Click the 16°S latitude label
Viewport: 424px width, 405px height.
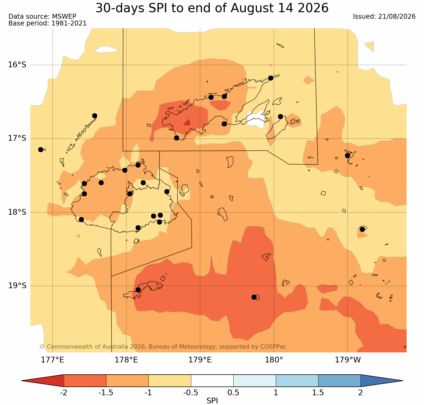(17, 65)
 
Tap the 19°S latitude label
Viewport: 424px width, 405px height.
(17, 286)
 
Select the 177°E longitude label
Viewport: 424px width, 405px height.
(52, 360)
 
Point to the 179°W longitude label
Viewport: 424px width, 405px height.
(348, 360)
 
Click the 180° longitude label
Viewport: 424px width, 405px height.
(274, 360)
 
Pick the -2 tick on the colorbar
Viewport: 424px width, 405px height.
(63, 393)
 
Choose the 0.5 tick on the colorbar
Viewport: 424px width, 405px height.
(234, 393)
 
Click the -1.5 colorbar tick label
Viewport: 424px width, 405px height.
(106, 393)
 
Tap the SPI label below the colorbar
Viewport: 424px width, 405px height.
(212, 401)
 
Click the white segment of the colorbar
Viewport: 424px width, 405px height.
(212, 381)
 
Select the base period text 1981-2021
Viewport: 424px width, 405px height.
(69, 23)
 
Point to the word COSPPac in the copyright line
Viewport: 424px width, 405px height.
(273, 347)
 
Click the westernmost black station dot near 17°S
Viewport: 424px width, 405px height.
(41, 150)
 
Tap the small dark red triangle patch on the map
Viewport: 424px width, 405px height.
(187, 122)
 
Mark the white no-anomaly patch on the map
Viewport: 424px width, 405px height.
(256, 119)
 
